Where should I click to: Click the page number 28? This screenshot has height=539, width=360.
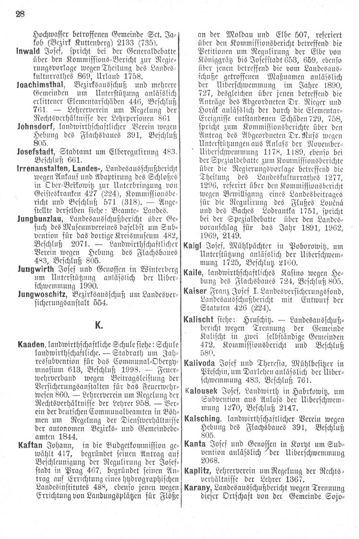click(20, 14)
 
